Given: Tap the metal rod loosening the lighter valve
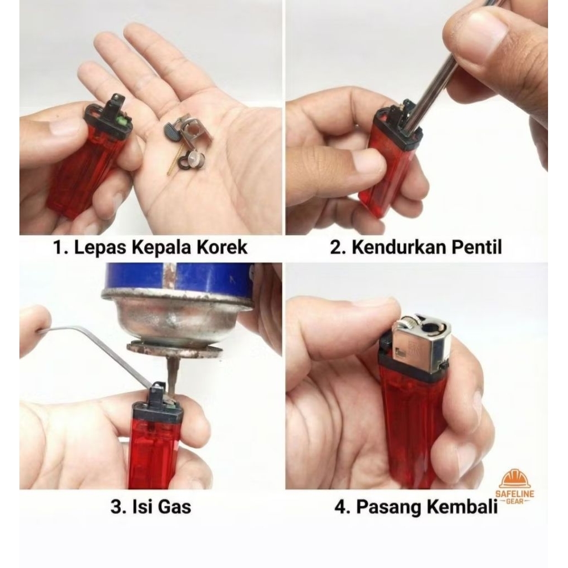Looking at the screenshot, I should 438,89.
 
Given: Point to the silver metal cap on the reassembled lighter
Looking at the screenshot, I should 422,344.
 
